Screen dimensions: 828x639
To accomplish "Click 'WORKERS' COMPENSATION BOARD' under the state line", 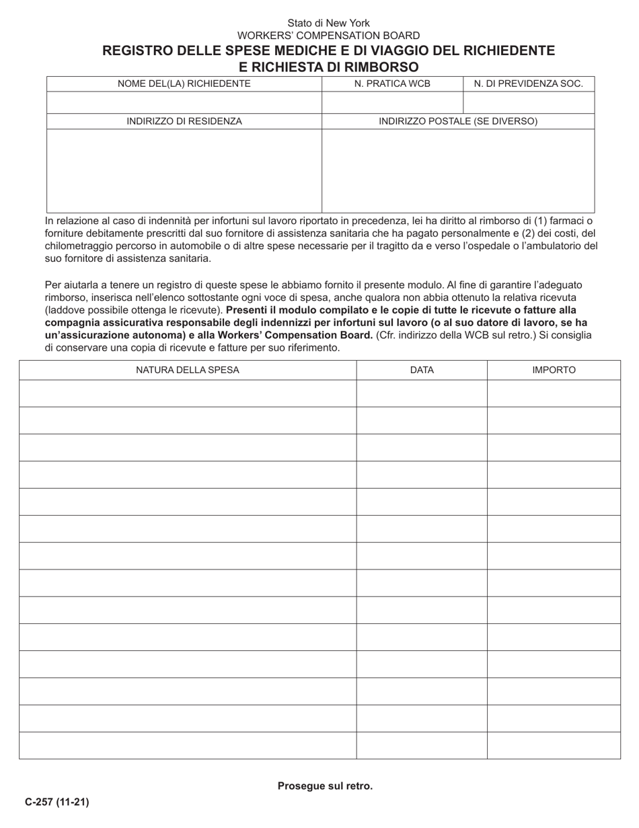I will (328, 36).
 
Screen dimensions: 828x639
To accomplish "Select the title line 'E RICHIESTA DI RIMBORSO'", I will (328, 67).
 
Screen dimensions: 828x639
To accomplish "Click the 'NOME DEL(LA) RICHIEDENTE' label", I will (184, 84).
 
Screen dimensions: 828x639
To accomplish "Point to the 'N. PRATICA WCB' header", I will (392, 84).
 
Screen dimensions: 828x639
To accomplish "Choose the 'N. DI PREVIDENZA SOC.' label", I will (529, 84).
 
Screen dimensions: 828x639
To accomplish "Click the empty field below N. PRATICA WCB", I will (392, 103).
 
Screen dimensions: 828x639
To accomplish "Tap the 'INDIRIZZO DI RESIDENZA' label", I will (184, 122).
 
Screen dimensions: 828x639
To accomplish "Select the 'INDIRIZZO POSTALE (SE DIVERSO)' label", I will (458, 122).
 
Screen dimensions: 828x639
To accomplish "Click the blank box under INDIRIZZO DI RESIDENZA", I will (184, 170).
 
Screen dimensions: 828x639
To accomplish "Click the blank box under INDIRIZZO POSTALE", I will (458, 170).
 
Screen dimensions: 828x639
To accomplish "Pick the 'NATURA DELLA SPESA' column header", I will (188, 370).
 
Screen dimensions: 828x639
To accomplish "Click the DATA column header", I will (422, 370).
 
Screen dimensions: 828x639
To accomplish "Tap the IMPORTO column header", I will (554, 370).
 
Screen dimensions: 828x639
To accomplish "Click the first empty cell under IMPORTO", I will (554, 393).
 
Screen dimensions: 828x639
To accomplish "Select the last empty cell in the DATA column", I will (422, 745).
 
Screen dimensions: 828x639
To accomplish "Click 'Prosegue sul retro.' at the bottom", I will (325, 786).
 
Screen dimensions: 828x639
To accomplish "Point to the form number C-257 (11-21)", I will (57, 802).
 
